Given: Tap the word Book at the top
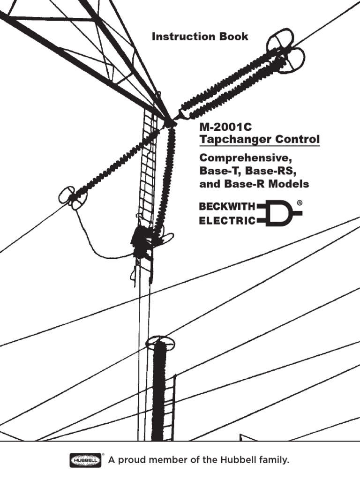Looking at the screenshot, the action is [x=233, y=37].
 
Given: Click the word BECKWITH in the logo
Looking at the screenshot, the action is [x=227, y=207].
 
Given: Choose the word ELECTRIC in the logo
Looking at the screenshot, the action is [x=227, y=221].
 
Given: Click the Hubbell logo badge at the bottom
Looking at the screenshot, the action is [x=86, y=461].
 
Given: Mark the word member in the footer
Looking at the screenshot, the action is [x=170, y=461].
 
